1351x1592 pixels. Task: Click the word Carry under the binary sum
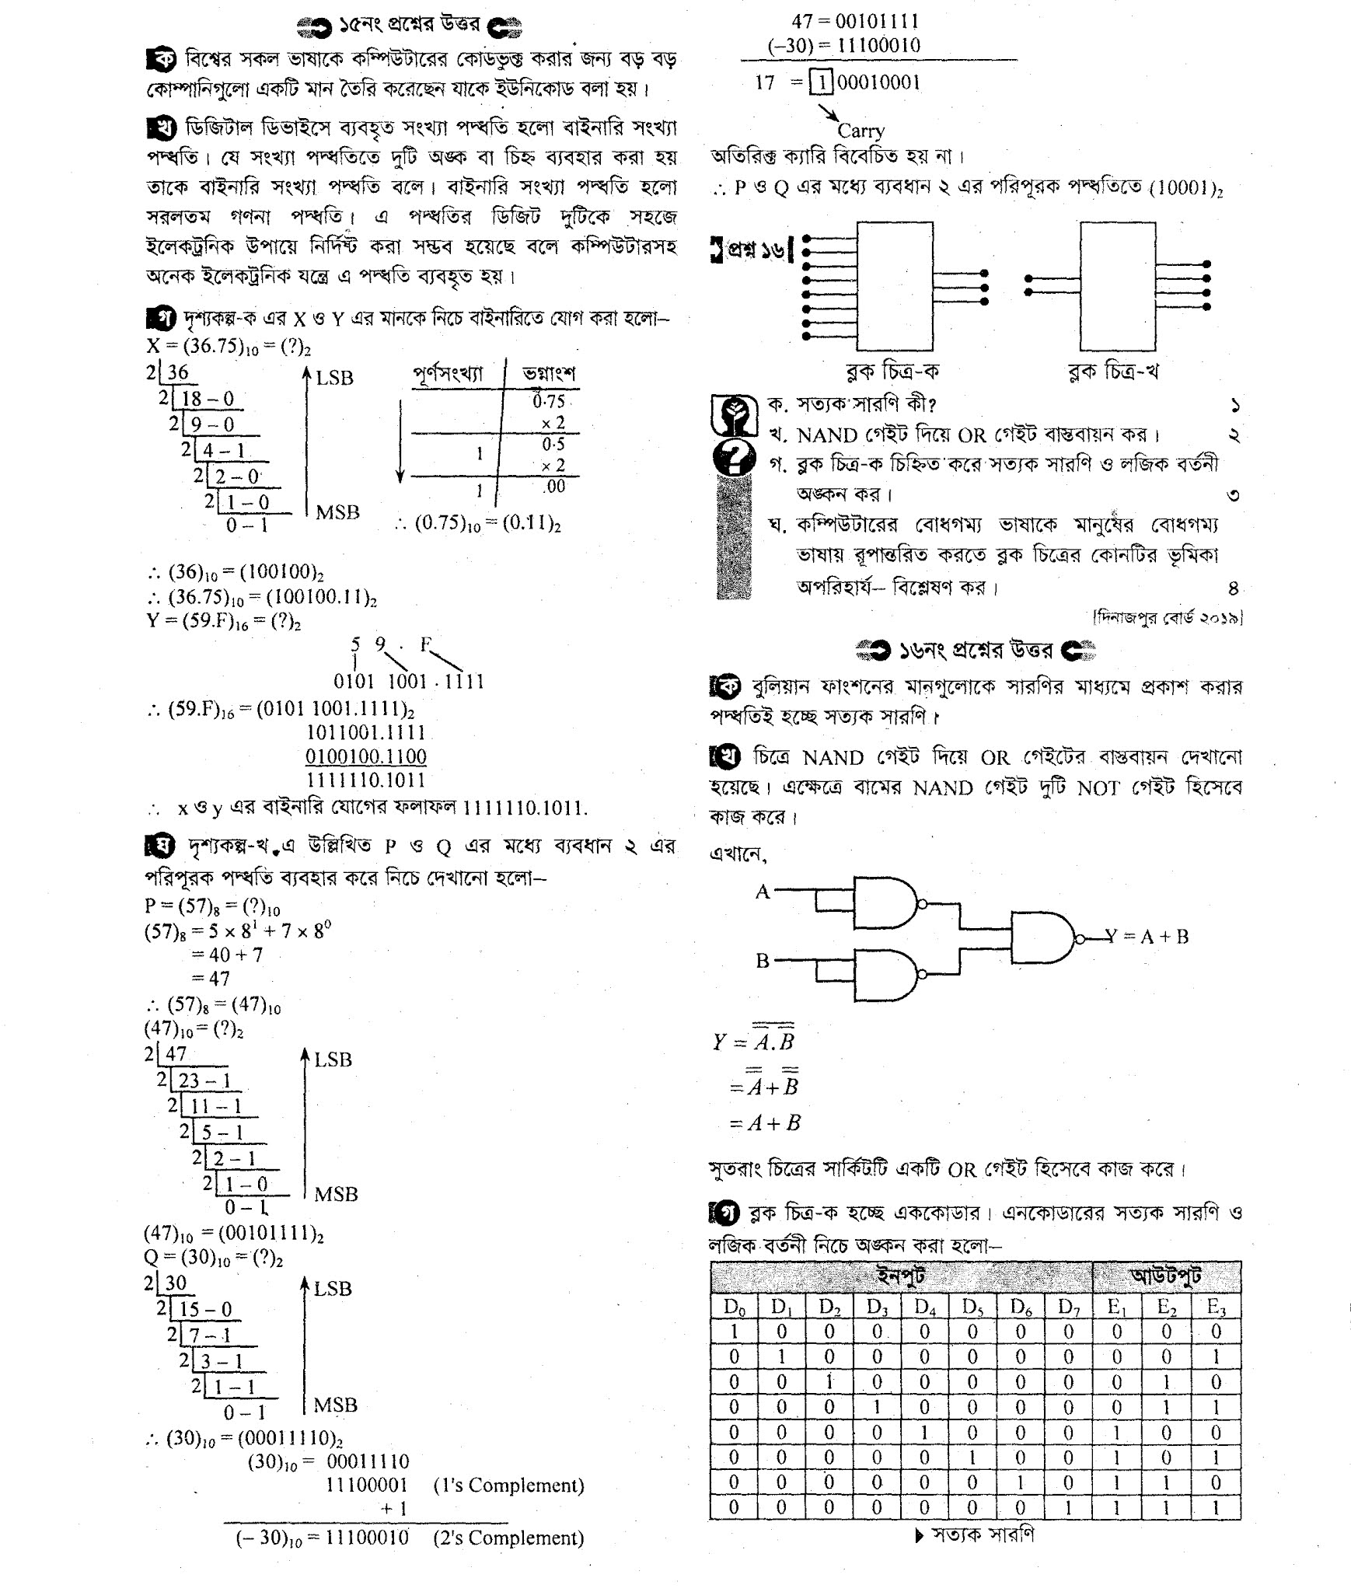point(861,131)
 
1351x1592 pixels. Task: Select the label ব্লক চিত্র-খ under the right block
point(1113,372)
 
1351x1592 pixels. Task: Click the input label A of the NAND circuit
point(763,892)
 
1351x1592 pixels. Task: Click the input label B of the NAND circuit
point(763,961)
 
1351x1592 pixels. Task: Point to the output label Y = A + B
point(1147,936)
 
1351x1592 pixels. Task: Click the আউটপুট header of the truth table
point(1166,1276)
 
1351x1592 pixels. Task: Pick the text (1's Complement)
point(508,1486)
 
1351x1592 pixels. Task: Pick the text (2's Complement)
point(508,1538)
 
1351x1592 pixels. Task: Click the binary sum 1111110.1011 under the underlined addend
point(366,780)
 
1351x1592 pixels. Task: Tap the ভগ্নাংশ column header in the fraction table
point(549,374)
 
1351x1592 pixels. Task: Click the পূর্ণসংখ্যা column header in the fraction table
point(448,374)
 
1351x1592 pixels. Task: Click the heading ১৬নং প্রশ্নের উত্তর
point(976,650)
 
